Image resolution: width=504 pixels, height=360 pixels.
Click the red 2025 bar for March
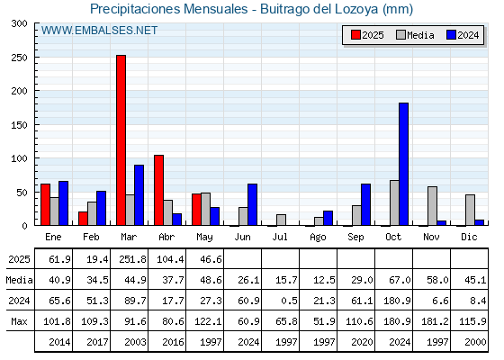(121, 140)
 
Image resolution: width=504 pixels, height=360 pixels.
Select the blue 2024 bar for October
(404, 164)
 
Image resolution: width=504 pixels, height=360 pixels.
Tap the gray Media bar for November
(432, 206)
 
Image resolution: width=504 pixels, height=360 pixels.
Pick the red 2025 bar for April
(158, 190)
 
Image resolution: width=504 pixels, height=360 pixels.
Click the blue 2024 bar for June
(252, 204)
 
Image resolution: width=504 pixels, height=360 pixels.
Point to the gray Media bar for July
(281, 220)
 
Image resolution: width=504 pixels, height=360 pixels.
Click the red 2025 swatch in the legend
(355, 35)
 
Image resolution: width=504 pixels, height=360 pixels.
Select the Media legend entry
(415, 35)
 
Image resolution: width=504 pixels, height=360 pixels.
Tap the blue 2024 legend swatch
(451, 35)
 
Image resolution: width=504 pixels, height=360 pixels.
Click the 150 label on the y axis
(20, 125)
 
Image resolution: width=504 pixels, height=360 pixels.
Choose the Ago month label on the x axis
(318, 238)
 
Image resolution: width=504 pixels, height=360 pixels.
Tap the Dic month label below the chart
(469, 237)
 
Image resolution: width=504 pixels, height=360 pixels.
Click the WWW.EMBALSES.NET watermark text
(99, 31)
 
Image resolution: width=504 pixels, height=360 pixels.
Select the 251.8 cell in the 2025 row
(132, 259)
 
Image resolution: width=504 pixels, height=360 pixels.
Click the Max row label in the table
(19, 321)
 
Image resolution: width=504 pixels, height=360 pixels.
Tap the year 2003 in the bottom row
(135, 342)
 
